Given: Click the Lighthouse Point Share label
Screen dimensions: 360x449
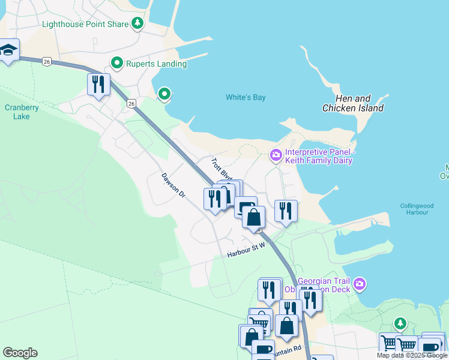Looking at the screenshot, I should [x=85, y=24].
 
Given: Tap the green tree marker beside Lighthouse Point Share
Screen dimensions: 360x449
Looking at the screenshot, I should [x=139, y=23].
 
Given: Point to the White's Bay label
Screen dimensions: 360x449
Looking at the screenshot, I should [x=246, y=97].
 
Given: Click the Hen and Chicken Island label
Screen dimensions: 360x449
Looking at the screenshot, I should [x=353, y=103].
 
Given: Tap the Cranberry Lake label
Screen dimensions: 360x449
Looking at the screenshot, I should [x=22, y=112].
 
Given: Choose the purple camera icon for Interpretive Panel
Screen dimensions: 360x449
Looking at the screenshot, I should [x=276, y=155].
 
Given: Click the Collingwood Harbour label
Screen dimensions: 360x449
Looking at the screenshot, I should [x=417, y=209].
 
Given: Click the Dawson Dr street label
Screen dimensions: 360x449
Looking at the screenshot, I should [x=174, y=185].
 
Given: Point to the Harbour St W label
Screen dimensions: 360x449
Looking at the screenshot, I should [x=246, y=251].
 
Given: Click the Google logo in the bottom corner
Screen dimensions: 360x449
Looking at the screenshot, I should [x=20, y=353].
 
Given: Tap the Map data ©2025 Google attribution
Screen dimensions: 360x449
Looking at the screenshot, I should [x=412, y=355].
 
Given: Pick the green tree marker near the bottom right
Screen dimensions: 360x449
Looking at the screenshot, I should [x=400, y=324].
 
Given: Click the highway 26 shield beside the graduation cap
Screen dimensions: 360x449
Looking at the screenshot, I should [x=47, y=61].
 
